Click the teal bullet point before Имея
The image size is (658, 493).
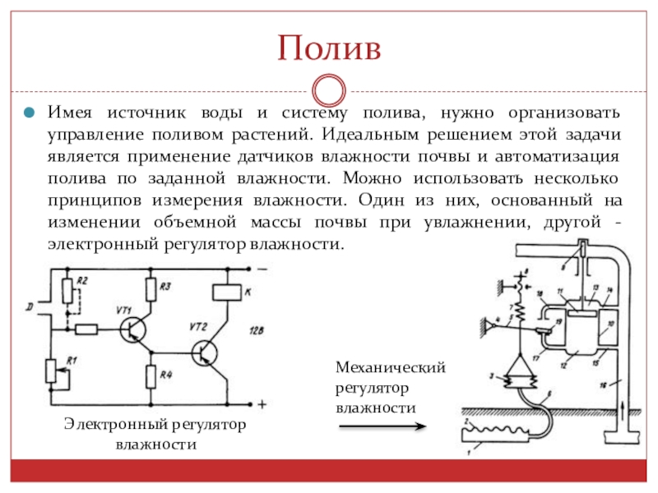[28, 112]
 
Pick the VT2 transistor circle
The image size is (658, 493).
[206, 352]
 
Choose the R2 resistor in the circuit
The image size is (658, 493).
[67, 290]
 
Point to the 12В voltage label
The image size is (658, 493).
[253, 330]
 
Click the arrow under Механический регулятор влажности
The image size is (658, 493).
[382, 426]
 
